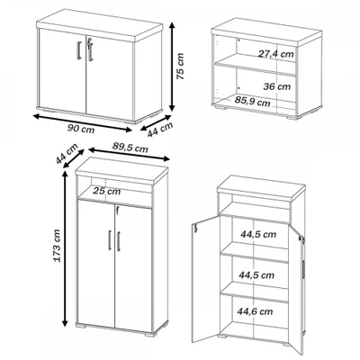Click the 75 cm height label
coord(180,67)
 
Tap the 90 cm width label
coord(81,129)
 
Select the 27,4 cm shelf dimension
coord(276,54)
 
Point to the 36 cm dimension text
coord(277,86)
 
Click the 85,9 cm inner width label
coord(252,102)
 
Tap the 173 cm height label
coord(57,246)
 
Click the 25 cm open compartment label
coord(106,191)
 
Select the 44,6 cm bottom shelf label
coord(255,311)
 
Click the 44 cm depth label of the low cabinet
coord(160,130)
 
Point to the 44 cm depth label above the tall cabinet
coord(67,154)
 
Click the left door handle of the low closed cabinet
coord(79,50)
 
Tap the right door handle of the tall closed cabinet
coord(119,241)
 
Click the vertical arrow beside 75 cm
coord(172,67)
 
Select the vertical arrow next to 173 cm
coord(65,248)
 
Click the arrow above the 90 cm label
coord(83,122)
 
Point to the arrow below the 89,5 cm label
coord(130,154)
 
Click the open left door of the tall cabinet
coord(206,279)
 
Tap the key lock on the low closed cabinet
coord(89,42)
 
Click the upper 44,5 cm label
coord(258,234)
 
